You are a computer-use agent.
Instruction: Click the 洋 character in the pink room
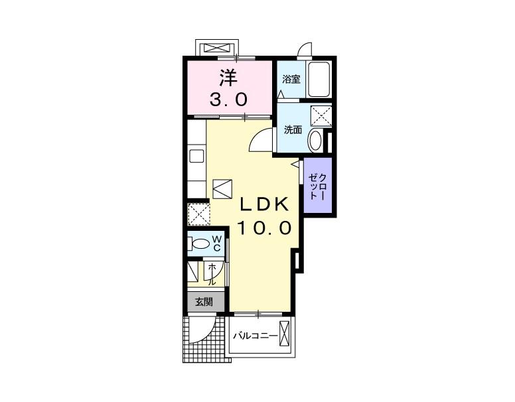(x=228, y=78)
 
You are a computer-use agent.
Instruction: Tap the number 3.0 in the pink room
(x=228, y=100)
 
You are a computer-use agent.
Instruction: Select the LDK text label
(x=265, y=204)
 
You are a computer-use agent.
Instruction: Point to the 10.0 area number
(x=264, y=228)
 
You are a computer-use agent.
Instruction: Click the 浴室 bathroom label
(x=291, y=79)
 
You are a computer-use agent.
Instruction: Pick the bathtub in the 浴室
(x=319, y=79)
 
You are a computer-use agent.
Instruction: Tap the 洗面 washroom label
(x=293, y=130)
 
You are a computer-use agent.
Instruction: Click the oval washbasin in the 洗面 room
(x=315, y=141)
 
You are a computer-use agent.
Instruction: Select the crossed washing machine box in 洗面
(x=321, y=116)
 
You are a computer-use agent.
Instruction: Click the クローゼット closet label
(x=318, y=187)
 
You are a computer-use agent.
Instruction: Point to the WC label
(x=217, y=243)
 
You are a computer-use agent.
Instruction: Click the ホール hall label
(x=212, y=273)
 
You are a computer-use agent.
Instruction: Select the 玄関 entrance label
(x=204, y=302)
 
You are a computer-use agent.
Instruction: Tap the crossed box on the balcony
(x=285, y=334)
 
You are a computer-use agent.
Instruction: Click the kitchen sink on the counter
(x=196, y=156)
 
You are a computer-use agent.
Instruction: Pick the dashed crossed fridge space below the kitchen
(x=198, y=214)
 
